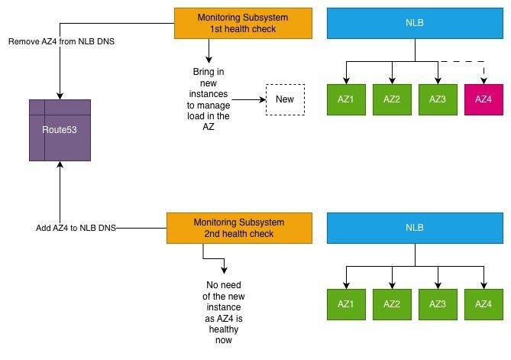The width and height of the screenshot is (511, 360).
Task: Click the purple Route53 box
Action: [60, 130]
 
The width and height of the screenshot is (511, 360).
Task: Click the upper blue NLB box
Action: [415, 23]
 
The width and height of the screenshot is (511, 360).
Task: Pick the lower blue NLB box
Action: [415, 229]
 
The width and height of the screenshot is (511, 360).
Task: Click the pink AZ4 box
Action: [484, 100]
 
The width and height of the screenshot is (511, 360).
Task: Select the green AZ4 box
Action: [484, 304]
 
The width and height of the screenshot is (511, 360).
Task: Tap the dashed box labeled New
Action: [284, 99]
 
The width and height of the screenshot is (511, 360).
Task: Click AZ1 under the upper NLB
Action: [346, 100]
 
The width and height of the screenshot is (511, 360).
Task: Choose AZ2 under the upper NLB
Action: [392, 100]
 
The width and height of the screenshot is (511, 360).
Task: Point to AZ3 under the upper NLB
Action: [438, 100]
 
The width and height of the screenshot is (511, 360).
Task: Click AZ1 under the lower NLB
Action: [346, 304]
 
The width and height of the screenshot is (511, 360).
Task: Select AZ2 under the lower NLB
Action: [392, 304]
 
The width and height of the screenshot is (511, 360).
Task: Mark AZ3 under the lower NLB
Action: [438, 304]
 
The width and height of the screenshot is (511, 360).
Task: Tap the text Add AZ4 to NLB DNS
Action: [75, 229]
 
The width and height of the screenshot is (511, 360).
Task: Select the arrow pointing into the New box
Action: [249, 99]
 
